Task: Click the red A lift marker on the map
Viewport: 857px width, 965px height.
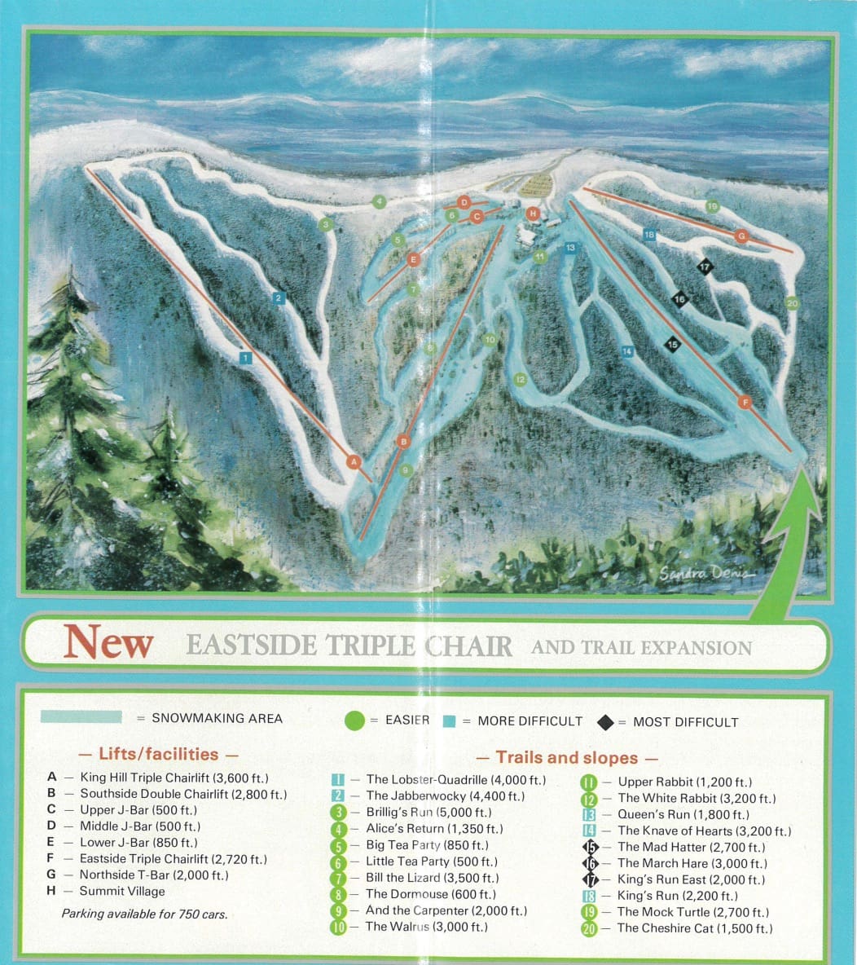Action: [354, 461]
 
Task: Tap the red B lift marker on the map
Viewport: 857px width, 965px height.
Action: [402, 442]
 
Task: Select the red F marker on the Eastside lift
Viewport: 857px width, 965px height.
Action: [744, 402]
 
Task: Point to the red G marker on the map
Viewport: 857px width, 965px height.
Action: [741, 236]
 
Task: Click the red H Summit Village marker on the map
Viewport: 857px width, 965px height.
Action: [533, 214]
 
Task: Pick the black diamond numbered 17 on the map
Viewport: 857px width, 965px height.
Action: [705, 266]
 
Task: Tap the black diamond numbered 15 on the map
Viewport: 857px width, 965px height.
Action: [672, 345]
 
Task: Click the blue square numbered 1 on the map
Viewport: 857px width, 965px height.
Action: [245, 357]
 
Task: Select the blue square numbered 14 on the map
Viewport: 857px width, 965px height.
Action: [626, 351]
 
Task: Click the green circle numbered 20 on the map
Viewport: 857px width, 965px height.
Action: [792, 304]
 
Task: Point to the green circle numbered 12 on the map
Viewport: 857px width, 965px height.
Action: [521, 380]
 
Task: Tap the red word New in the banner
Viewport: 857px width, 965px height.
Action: [108, 642]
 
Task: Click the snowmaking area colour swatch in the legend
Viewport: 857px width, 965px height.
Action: [81, 717]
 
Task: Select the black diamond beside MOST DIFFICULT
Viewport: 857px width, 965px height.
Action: [604, 721]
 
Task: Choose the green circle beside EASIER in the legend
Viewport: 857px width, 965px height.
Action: [354, 720]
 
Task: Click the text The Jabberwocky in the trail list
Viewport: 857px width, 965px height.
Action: [444, 795]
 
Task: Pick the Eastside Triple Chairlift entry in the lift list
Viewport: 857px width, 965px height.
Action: [173, 859]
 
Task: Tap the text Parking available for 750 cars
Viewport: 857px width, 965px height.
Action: [144, 914]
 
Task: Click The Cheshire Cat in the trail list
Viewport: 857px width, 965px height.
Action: [694, 928]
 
